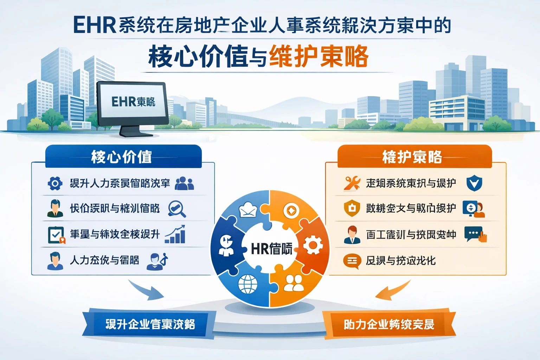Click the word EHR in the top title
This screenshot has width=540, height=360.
tap(94, 25)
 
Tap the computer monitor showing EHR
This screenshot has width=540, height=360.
tap(133, 103)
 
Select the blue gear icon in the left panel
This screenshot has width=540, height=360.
tap(55, 183)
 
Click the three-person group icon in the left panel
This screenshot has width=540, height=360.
tap(184, 183)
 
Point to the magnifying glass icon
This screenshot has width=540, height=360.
tap(176, 208)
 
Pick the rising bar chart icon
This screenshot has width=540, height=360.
tap(175, 234)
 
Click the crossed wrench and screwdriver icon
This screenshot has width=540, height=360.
tap(352, 183)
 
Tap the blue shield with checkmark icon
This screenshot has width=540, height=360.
tap(474, 184)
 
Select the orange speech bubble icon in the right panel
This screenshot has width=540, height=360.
tap(352, 261)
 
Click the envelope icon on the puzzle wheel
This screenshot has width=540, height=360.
tap(249, 210)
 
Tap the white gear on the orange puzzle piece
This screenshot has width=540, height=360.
tap(313, 245)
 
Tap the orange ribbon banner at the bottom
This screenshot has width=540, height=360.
tap(389, 324)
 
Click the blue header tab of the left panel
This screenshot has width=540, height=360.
tap(123, 156)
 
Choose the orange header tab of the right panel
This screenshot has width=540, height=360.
tap(414, 156)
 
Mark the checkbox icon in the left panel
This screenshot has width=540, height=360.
tap(56, 235)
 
